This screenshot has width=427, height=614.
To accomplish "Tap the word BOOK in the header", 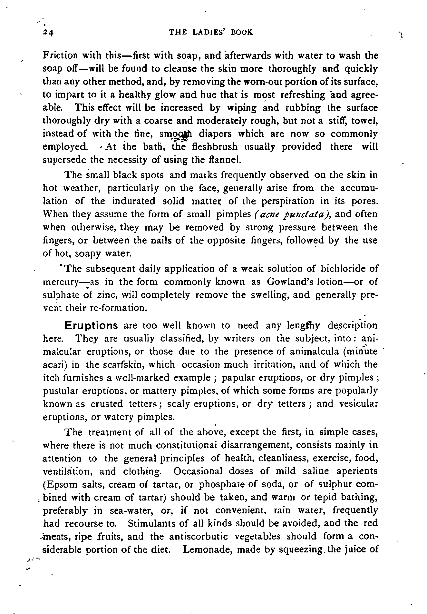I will tap(242, 32).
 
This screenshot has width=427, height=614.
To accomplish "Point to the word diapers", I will tap(215, 134).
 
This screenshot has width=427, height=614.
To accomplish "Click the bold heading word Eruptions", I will tap(91, 325).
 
